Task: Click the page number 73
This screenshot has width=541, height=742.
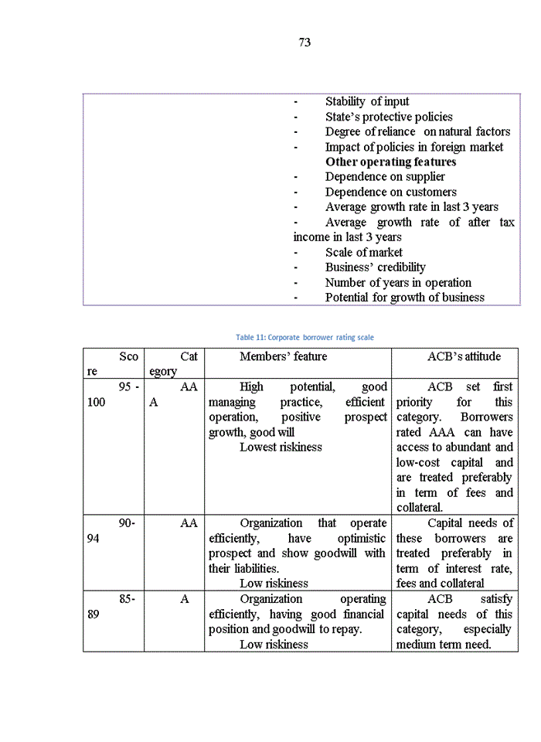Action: click(305, 43)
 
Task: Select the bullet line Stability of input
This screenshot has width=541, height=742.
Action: click(367, 101)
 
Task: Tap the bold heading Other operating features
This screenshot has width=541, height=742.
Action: click(390, 162)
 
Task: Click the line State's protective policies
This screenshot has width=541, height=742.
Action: click(389, 117)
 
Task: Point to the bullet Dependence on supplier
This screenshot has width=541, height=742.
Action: click(385, 177)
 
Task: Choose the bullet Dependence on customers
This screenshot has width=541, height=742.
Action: click(390, 192)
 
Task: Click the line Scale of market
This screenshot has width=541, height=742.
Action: click(363, 252)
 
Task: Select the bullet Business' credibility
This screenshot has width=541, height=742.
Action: click(375, 267)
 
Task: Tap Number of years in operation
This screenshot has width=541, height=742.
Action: click(398, 282)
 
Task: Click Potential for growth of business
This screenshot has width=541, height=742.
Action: click(404, 298)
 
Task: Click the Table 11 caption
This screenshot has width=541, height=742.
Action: click(305, 337)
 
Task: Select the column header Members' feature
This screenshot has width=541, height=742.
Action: click(283, 356)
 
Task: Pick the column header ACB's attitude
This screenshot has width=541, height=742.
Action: click(464, 356)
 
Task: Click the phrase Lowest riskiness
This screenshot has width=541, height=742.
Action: click(281, 447)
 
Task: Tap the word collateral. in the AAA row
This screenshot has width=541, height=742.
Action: click(420, 507)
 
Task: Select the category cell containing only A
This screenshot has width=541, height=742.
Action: click(185, 599)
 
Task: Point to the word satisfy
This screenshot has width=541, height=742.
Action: click(496, 599)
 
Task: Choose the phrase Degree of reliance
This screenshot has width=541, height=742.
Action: click(369, 131)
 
